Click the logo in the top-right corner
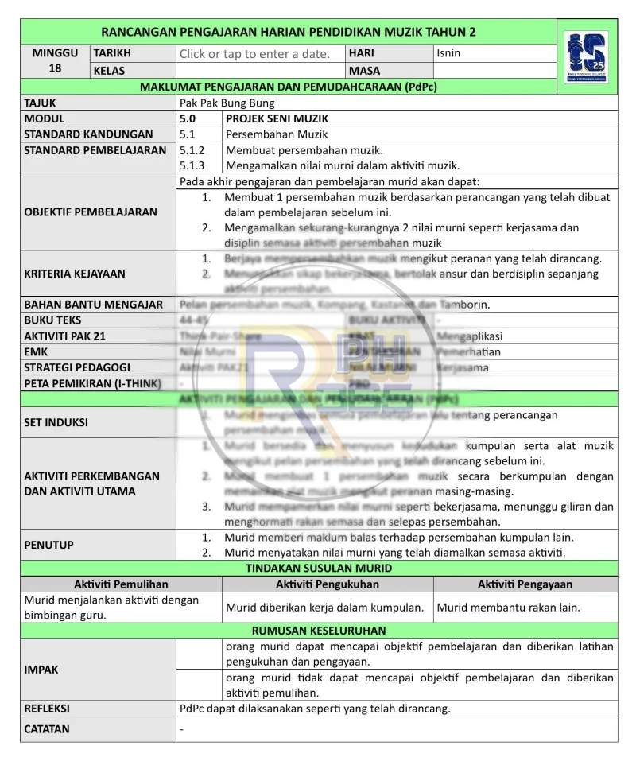(586, 56)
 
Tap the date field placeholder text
(254, 54)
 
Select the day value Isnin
(448, 54)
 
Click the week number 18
(55, 68)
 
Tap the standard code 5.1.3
(192, 165)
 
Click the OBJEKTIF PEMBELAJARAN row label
(91, 212)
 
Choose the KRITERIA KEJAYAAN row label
(75, 274)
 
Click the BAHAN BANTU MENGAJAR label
(94, 305)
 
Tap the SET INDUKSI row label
(56, 422)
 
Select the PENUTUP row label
(49, 545)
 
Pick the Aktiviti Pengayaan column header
(525, 584)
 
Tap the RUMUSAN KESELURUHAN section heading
(318, 631)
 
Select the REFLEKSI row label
(47, 708)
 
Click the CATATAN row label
(47, 729)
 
